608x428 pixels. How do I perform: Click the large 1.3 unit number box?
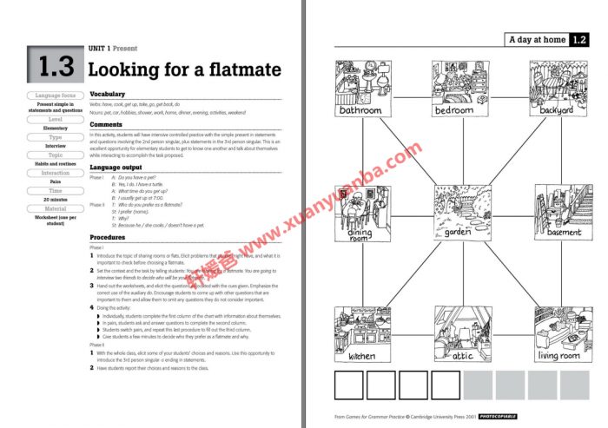(x=56, y=67)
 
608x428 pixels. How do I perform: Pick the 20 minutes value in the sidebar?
(x=56, y=199)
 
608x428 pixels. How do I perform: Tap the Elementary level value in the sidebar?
(x=56, y=128)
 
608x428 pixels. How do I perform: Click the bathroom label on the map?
(x=360, y=111)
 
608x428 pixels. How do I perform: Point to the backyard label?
(x=557, y=111)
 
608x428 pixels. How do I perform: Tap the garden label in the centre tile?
(x=458, y=233)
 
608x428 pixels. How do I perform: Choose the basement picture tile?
(x=557, y=208)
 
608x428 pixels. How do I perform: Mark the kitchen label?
(x=362, y=356)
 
